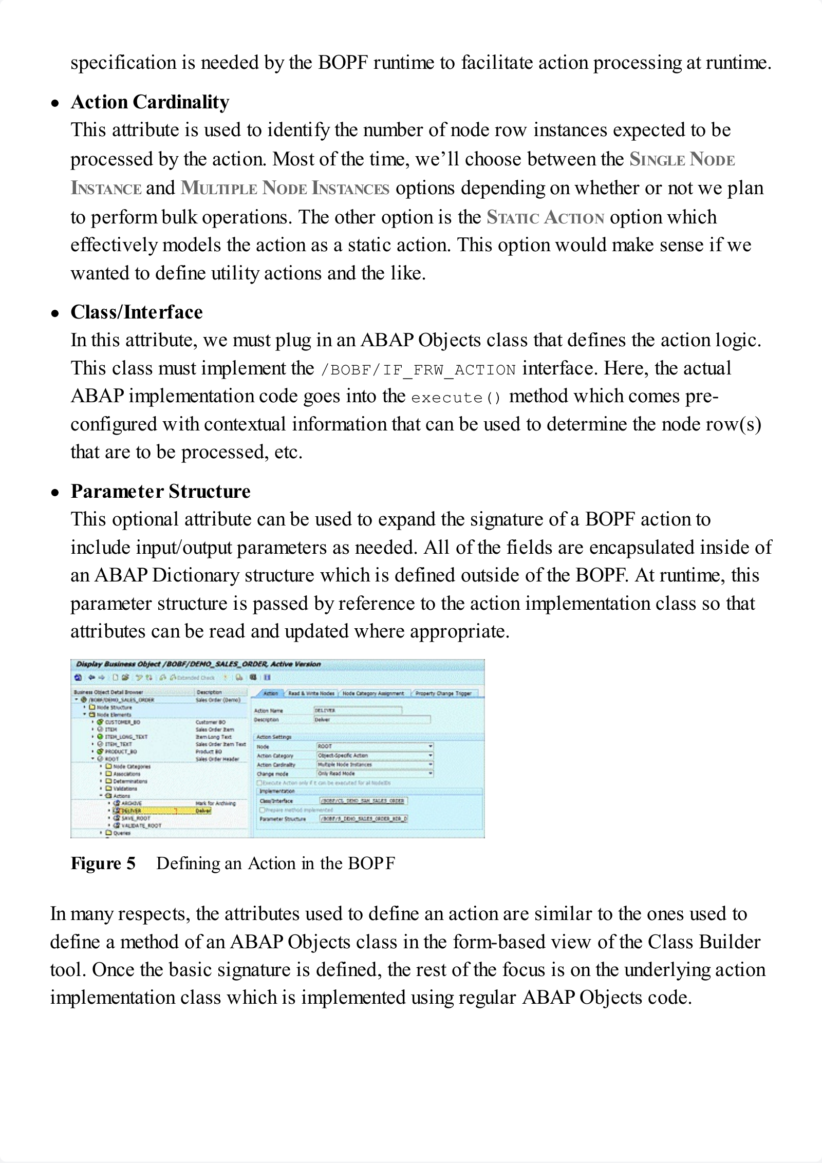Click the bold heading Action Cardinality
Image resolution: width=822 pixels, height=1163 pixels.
150,102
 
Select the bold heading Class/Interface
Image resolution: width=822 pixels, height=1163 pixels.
136,312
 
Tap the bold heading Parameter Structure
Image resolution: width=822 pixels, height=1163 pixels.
160,492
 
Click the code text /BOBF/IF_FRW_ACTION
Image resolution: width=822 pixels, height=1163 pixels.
417,370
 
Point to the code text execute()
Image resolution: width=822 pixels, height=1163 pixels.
456,398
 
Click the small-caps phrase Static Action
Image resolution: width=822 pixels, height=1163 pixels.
545,217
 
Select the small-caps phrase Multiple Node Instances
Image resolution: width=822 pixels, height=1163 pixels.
285,189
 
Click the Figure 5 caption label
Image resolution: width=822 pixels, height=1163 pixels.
103,864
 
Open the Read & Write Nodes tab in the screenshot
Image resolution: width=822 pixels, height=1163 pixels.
311,693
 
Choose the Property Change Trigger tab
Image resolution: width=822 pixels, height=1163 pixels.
443,693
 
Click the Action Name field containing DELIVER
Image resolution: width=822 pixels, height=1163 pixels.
358,710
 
